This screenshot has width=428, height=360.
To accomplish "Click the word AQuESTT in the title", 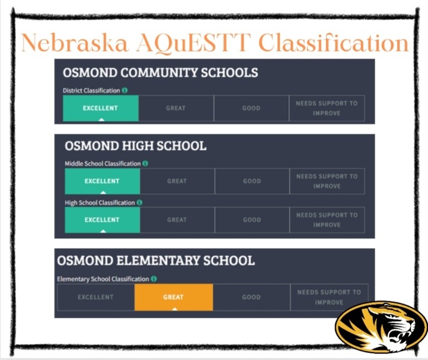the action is pos(194,43).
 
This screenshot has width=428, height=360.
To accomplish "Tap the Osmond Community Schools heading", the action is pos(160,73).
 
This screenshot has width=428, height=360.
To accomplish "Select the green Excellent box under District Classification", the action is pos(101,108).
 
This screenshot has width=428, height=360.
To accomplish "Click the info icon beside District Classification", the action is pos(125,91).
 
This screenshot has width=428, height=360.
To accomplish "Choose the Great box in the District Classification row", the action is pos(176,108).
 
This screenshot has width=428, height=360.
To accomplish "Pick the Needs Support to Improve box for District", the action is pos(327,108).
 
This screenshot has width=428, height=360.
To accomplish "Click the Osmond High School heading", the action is pos(135,146).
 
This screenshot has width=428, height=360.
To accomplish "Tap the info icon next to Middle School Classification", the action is pos(145,164).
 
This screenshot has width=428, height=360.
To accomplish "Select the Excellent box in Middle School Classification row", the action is pos(103,181).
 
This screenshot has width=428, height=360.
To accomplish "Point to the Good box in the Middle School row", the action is pos(252,181).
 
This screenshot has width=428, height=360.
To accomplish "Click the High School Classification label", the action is pos(100,203).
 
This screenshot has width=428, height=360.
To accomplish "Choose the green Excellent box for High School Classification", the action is pos(103,220).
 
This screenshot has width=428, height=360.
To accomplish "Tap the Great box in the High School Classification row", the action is pos(177,220).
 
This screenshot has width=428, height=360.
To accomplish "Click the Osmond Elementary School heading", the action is pos(156,260).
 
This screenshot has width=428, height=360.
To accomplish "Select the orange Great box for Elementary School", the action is pos(174,297).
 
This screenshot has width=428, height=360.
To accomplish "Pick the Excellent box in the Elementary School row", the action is pos(96,297).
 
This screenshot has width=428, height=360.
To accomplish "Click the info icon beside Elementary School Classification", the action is pos(154,279).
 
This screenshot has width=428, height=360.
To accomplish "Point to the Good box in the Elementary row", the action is pos(251,297).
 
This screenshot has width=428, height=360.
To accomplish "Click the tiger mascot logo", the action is pos(381,327).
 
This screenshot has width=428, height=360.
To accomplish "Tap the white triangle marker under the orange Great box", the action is pos(174,309).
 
